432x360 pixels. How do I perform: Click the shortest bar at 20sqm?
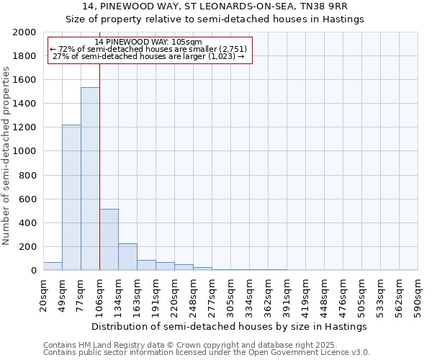pyautogui.click(x=53, y=266)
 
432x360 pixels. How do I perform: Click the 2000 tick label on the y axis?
pyautogui.click(x=24, y=32)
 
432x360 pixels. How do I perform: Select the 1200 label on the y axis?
pyautogui.click(x=24, y=127)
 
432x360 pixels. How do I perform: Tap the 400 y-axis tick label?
pyautogui.click(x=27, y=223)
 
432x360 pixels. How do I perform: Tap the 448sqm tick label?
pyautogui.click(x=325, y=295)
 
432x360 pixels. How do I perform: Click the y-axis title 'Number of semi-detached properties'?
pyautogui.click(x=8, y=156)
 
